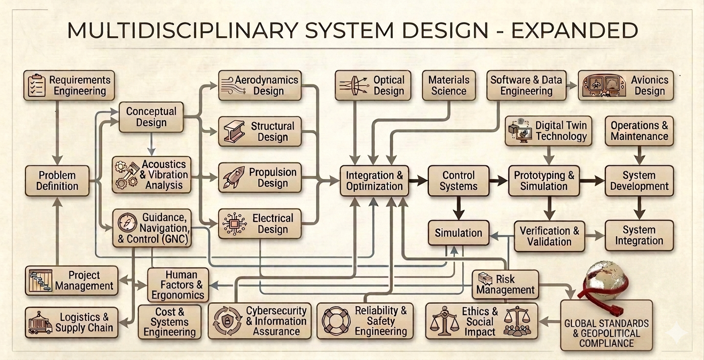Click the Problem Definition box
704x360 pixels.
[x=57, y=180]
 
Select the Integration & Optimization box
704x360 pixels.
[x=374, y=180]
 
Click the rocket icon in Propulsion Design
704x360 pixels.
[x=233, y=178]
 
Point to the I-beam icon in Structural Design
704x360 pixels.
[x=234, y=132]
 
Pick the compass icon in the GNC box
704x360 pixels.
[x=127, y=223]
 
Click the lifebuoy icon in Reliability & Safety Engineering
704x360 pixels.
[x=336, y=321]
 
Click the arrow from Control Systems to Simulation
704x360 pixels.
[x=458, y=208]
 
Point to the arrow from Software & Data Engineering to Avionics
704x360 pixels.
[x=572, y=86]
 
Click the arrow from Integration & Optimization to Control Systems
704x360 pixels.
[x=418, y=180]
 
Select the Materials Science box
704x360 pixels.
[x=449, y=86]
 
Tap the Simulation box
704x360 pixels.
[x=458, y=233]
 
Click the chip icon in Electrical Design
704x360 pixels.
[x=234, y=224]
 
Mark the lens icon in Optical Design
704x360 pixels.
[x=354, y=86]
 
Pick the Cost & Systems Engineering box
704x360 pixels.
[x=170, y=322]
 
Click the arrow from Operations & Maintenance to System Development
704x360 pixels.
[x=639, y=156]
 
